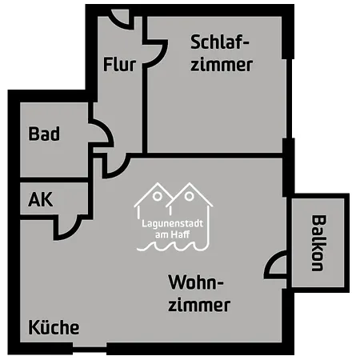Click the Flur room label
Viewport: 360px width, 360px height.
coord(119,64)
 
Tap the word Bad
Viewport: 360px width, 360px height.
coord(44,134)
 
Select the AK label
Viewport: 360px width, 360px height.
coord(41,199)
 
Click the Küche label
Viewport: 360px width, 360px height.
coord(54,327)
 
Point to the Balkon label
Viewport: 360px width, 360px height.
coord(319,243)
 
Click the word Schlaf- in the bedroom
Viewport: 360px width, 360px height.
coord(220,42)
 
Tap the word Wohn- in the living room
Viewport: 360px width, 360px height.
coord(196,282)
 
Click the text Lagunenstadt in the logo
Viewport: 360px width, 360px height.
coord(172,223)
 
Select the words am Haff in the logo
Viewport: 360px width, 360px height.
coord(172,234)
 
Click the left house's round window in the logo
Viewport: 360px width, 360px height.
coord(158,197)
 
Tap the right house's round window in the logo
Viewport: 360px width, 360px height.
coord(189,197)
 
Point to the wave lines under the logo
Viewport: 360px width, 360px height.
coord(172,246)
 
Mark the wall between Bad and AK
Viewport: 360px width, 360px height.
coord(54,180)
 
